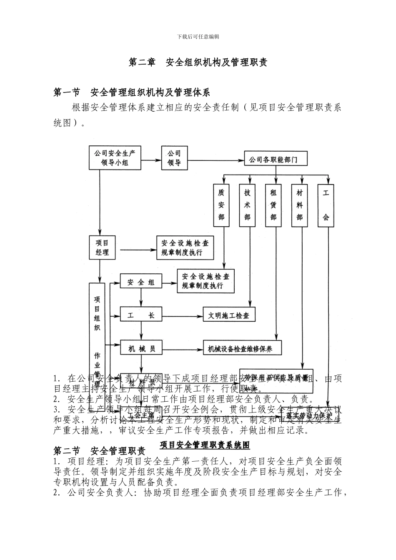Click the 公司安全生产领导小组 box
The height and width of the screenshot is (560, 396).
(x=115, y=158)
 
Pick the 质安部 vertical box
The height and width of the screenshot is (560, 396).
(x=221, y=205)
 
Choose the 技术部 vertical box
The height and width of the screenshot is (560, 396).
(x=248, y=205)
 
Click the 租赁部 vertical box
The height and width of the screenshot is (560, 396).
(x=273, y=205)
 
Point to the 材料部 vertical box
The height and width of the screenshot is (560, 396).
(x=300, y=205)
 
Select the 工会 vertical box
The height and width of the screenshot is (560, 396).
(x=326, y=205)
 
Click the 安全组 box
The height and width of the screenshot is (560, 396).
(x=141, y=282)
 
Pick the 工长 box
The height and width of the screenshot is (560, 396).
(x=141, y=315)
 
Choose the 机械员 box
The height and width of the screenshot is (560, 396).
(x=141, y=348)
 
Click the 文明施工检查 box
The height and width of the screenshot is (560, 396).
(x=229, y=315)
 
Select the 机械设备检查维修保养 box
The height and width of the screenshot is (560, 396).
(x=242, y=349)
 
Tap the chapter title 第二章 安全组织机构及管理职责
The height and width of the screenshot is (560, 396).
(x=198, y=62)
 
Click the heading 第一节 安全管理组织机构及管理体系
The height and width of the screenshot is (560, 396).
(x=132, y=92)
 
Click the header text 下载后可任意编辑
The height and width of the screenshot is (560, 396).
(x=198, y=37)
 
